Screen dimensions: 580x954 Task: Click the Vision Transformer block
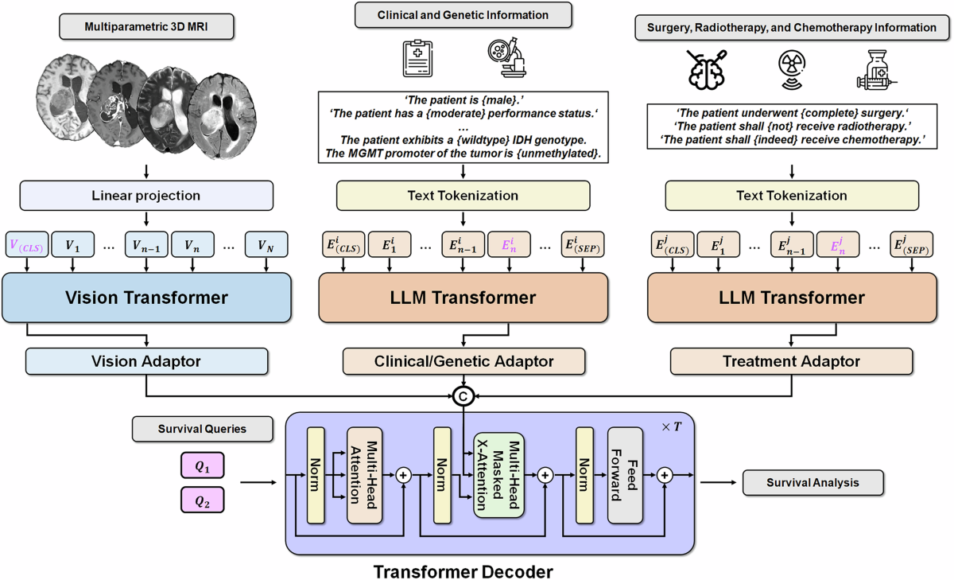coord(147,298)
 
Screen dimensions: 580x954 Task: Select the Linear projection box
coord(147,195)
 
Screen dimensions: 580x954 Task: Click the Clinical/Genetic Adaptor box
coord(463,361)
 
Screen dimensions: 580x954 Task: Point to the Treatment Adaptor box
coord(791,361)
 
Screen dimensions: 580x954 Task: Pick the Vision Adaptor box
coord(147,361)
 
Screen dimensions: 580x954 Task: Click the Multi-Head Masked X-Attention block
coord(498,475)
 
